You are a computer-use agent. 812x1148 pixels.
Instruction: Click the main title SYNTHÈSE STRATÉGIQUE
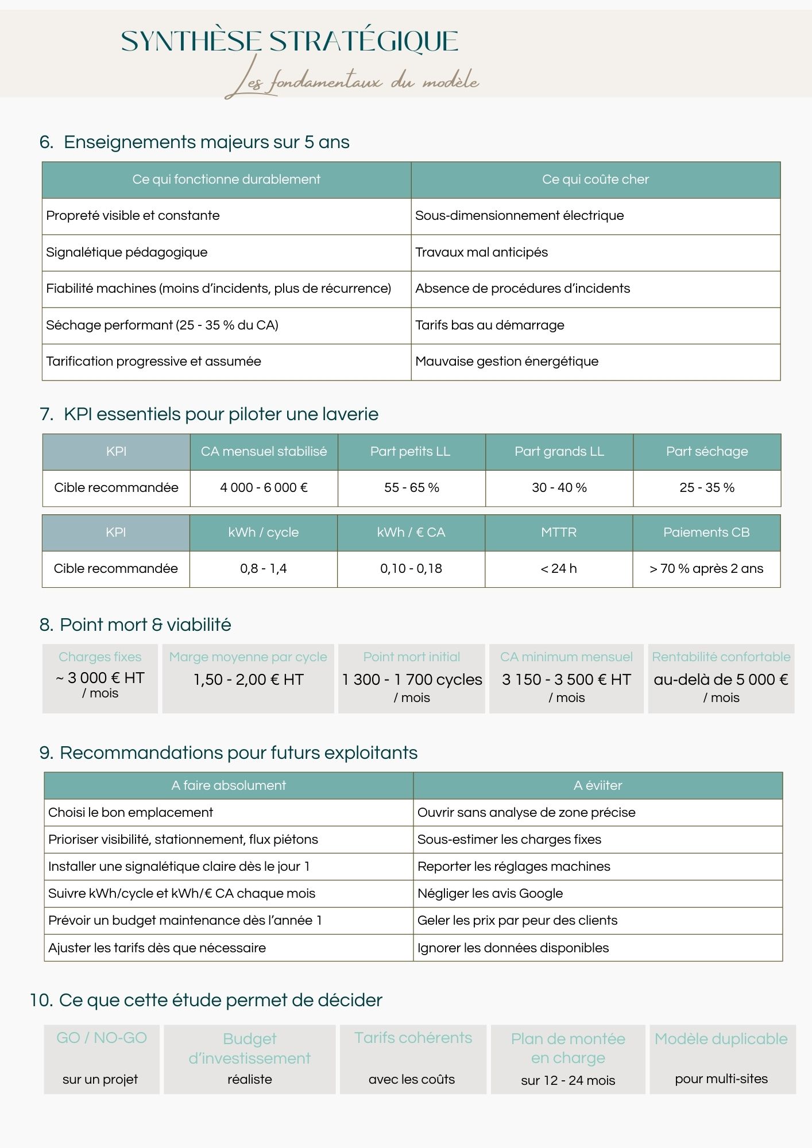tap(289, 41)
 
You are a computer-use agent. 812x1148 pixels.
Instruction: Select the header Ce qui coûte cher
tap(595, 180)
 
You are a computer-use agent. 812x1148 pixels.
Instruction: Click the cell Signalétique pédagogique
tap(127, 253)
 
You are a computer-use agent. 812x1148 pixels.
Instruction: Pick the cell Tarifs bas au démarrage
tap(489, 325)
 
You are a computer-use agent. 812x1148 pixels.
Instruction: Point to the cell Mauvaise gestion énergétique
tap(506, 362)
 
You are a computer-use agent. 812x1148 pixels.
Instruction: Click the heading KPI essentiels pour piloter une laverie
tap(221, 414)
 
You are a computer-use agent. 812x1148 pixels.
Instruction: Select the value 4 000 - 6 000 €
tap(264, 488)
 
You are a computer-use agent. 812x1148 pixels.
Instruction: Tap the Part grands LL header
tap(559, 452)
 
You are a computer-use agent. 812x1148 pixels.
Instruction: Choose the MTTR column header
tap(558, 533)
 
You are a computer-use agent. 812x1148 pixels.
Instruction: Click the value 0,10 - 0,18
tap(411, 569)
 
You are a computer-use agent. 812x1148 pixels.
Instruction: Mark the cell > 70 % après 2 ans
tap(706, 569)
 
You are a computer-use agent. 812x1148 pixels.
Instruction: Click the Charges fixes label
tap(100, 657)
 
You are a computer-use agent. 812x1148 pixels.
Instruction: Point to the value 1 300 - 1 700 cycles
tap(412, 680)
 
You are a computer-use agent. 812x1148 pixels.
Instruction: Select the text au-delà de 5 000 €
tap(721, 680)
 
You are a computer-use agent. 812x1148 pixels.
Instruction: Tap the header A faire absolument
tap(229, 786)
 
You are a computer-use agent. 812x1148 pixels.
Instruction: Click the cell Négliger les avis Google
tap(490, 894)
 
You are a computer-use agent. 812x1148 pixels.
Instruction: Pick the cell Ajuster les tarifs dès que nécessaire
tap(157, 948)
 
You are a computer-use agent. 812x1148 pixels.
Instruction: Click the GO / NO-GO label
tap(102, 1038)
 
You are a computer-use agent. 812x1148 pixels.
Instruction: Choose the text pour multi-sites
tap(721, 1079)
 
